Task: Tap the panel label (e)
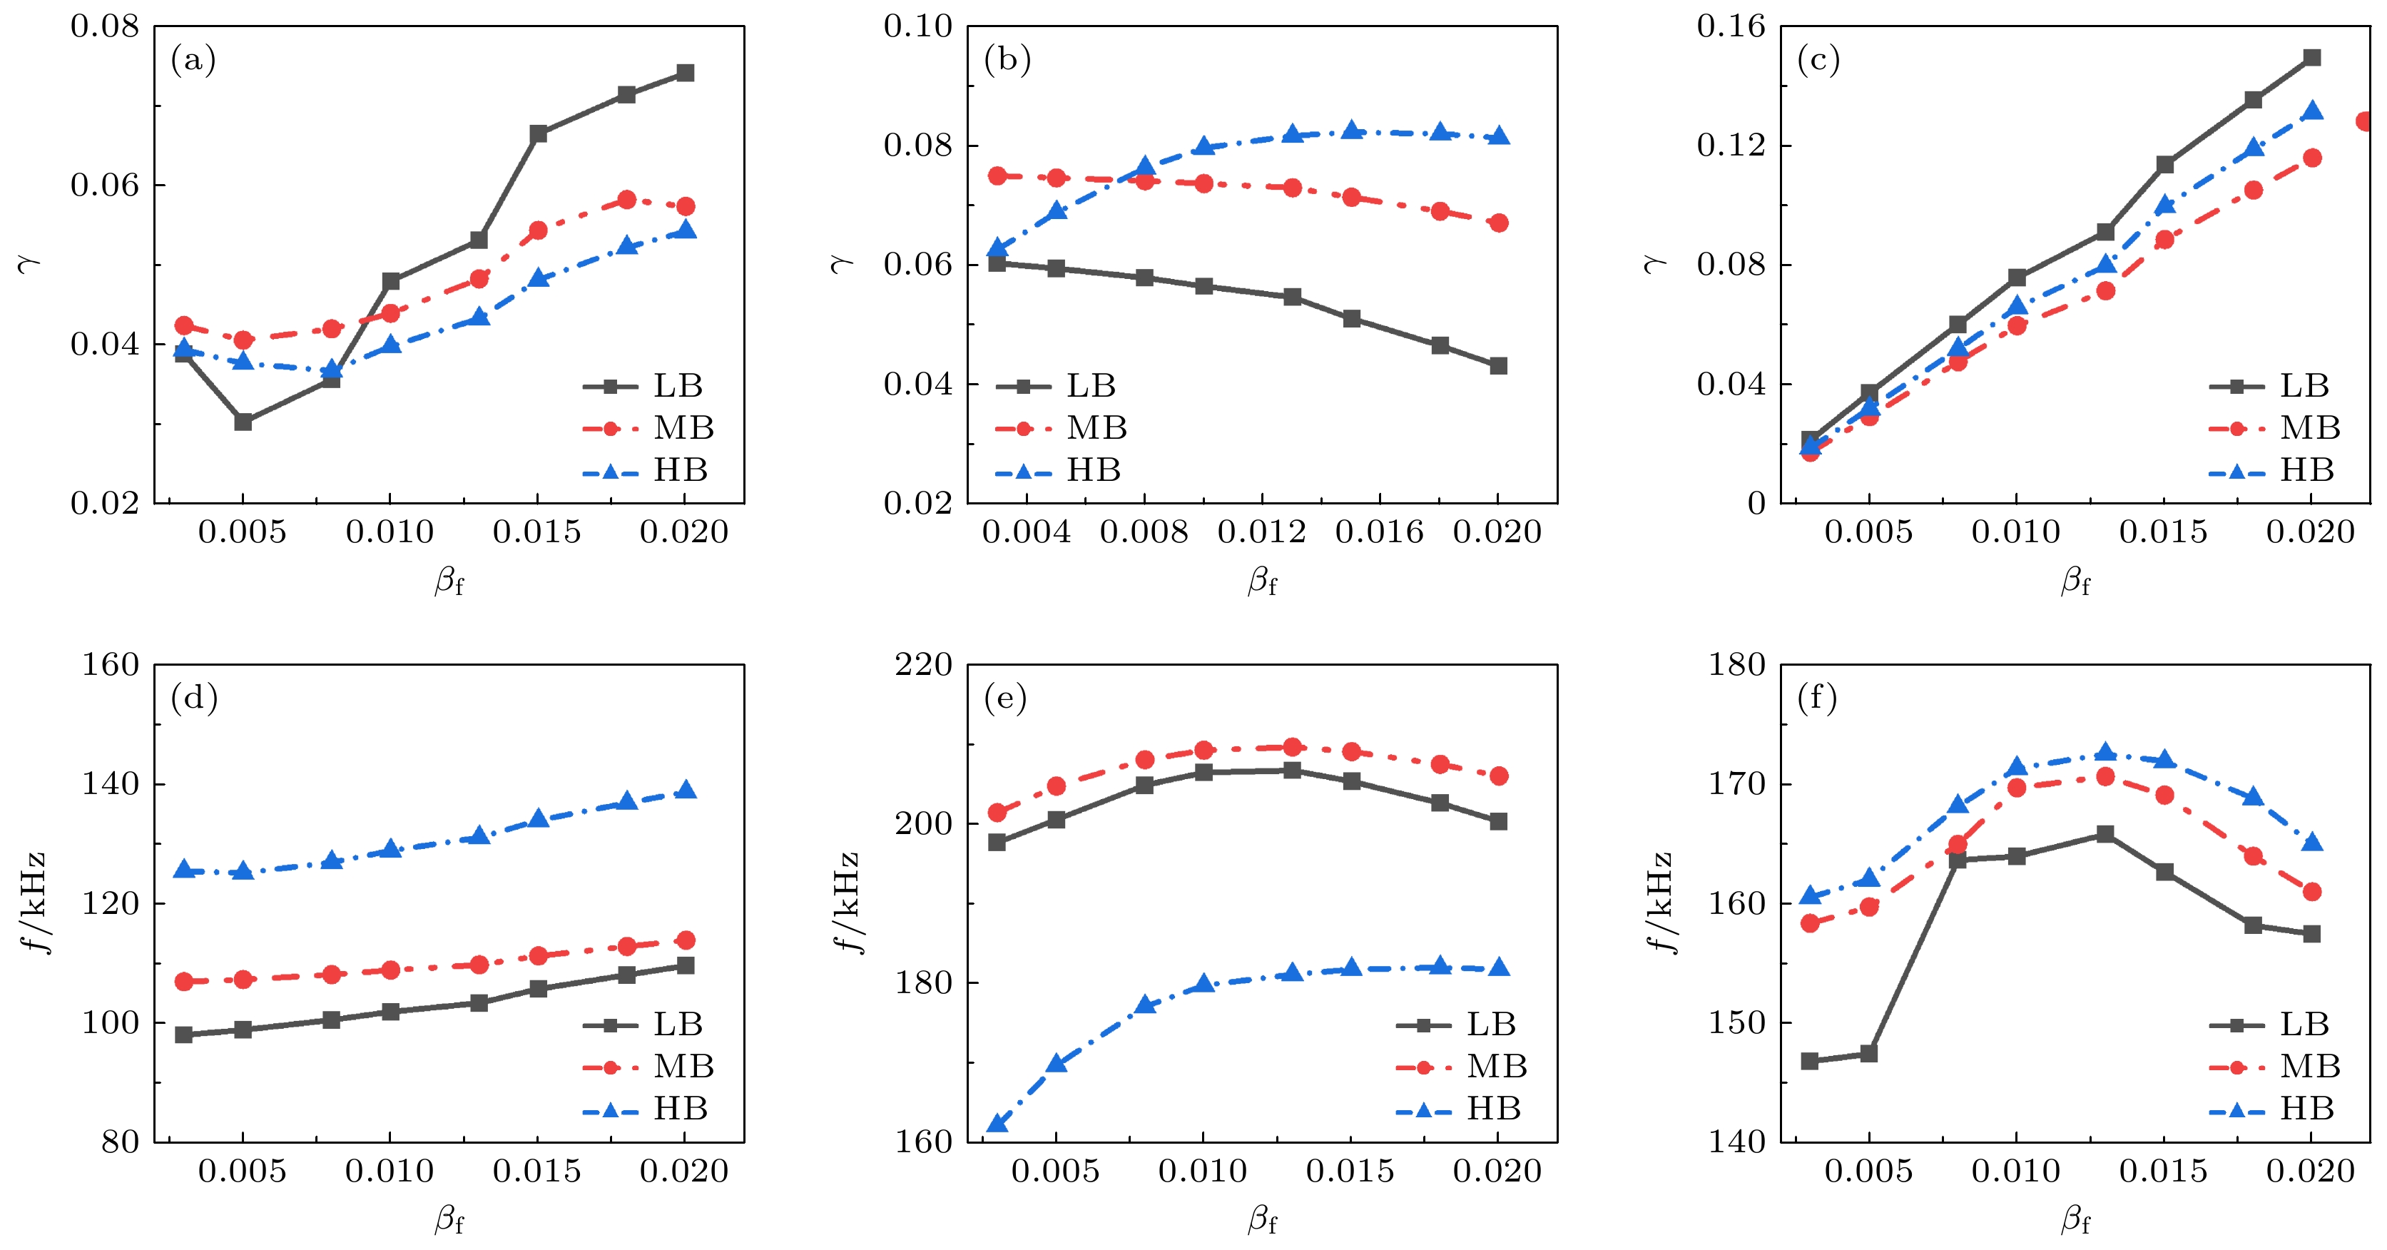(1005, 698)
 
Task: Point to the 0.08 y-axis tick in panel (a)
(105, 26)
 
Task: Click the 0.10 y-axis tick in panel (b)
(918, 26)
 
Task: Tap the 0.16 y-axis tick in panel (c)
(1731, 26)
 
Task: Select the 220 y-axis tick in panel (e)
(924, 664)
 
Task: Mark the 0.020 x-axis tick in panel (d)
(684, 1172)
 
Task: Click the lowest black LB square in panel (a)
(243, 422)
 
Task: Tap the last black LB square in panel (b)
(1498, 366)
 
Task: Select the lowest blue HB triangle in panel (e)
(997, 1124)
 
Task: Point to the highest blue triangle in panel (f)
(2105, 753)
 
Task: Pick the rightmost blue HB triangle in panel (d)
(685, 791)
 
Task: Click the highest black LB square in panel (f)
(2105, 834)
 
